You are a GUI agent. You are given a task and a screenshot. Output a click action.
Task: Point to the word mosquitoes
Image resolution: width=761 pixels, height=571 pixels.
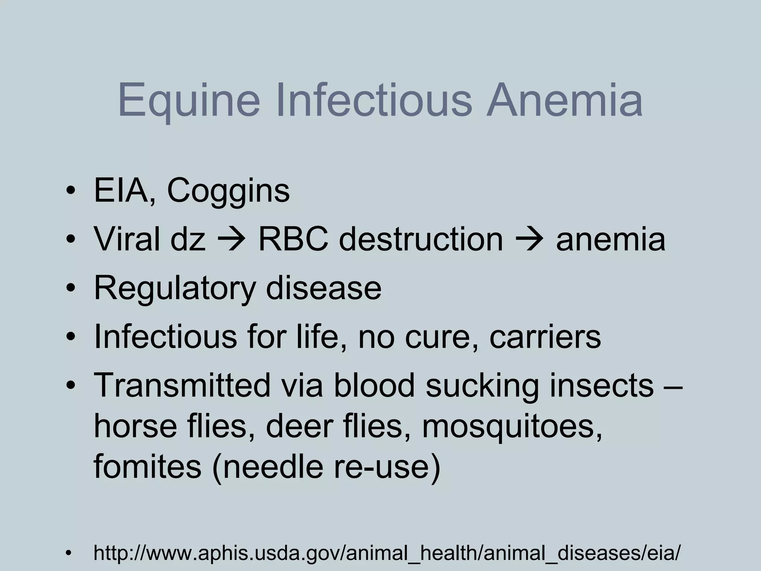512,426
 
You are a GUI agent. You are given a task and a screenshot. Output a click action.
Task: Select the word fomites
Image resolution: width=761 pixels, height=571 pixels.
148,467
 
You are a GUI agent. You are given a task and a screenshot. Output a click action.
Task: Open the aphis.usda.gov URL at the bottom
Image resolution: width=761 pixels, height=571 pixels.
387,553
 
